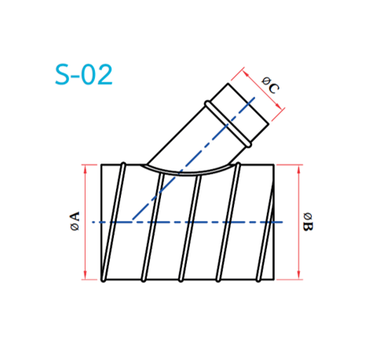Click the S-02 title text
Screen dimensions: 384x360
pyautogui.click(x=84, y=75)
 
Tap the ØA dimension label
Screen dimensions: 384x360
pyautogui.click(x=75, y=221)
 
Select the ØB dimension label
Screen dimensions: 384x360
pyautogui.click(x=308, y=222)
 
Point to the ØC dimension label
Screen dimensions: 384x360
pyautogui.click(x=270, y=85)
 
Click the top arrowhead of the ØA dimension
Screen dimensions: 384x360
pyautogui.click(x=85, y=169)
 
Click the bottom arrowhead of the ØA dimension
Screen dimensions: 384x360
pyautogui.click(x=85, y=275)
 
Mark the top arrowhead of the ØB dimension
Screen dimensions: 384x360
pyautogui.click(x=299, y=169)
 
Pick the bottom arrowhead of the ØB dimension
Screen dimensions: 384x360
pyautogui.click(x=299, y=275)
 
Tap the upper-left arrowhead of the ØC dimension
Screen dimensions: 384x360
pyautogui.click(x=246, y=73)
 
